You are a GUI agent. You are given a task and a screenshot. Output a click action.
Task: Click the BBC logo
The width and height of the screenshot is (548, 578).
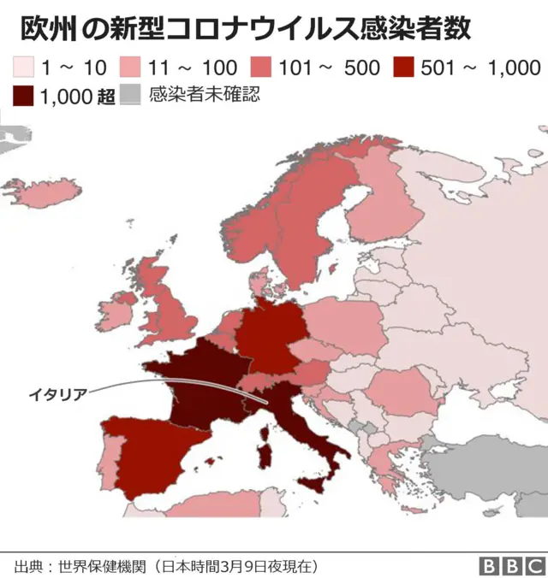[510, 566]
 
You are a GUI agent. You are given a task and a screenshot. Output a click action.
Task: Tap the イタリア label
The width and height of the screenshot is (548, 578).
[57, 394]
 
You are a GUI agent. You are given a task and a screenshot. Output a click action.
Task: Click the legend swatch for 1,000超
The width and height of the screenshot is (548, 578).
[24, 96]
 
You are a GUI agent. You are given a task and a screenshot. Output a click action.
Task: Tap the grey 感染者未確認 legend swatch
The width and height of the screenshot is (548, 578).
[129, 96]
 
